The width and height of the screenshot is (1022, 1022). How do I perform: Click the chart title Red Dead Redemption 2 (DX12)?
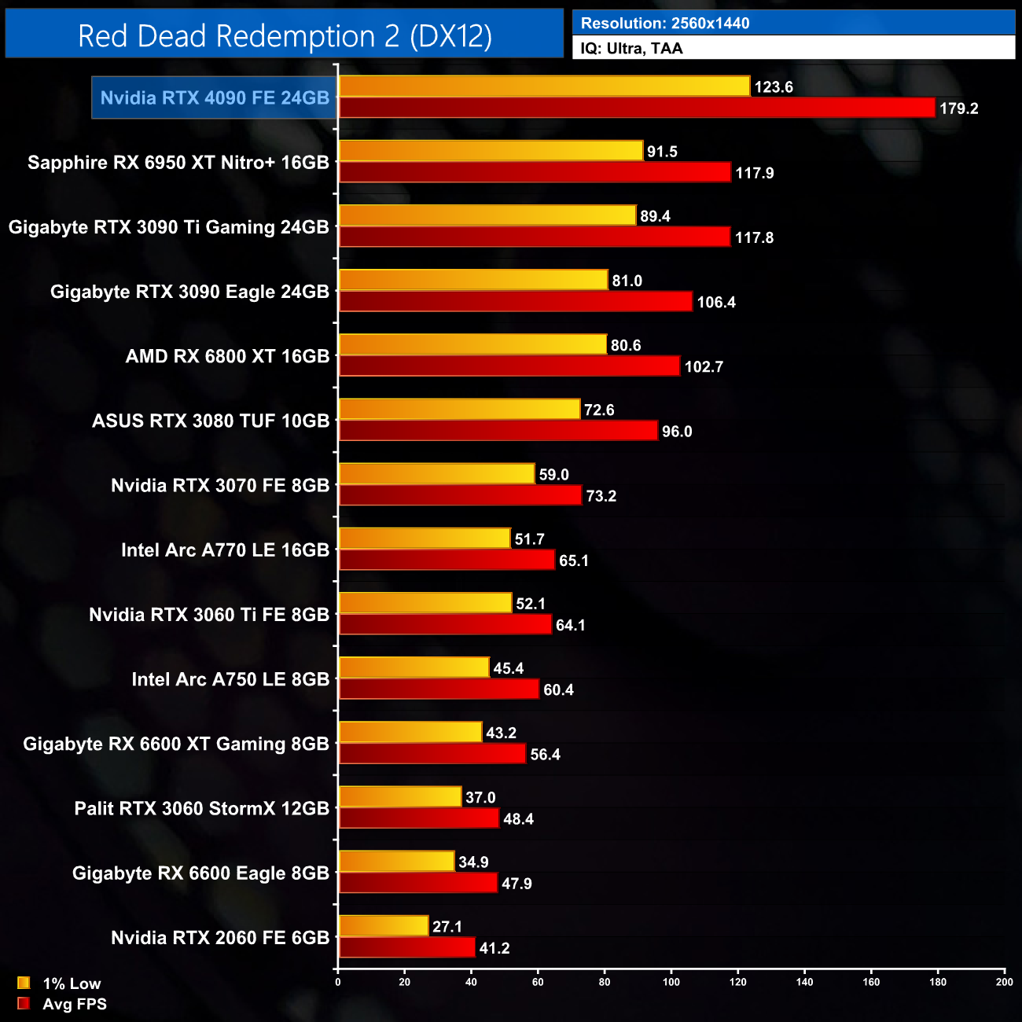pyautogui.click(x=285, y=36)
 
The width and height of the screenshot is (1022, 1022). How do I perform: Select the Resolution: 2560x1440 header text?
pyautogui.click(x=664, y=24)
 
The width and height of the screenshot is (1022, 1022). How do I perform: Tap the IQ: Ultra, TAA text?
pyautogui.click(x=631, y=49)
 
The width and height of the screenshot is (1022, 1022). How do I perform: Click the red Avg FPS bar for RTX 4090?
pyautogui.click(x=637, y=108)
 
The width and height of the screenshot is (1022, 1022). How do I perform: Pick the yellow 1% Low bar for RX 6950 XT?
pyautogui.click(x=491, y=151)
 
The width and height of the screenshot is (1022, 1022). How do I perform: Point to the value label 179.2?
pyautogui.click(x=958, y=108)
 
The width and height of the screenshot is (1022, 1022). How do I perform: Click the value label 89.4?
pyautogui.click(x=655, y=216)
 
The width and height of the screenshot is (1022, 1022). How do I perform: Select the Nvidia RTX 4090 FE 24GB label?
pyautogui.click(x=215, y=98)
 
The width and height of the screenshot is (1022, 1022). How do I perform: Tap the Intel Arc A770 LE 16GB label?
pyautogui.click(x=225, y=550)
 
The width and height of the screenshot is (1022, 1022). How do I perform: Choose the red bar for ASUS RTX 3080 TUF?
pyautogui.click(x=498, y=431)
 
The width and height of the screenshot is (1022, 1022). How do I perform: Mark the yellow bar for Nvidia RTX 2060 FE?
pyautogui.click(x=384, y=926)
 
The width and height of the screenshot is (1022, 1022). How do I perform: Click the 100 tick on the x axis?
pyautogui.click(x=671, y=981)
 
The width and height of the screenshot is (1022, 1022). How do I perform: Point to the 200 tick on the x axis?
pyautogui.click(x=1005, y=981)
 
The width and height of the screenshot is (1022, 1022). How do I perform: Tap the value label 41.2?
pyautogui.click(x=494, y=948)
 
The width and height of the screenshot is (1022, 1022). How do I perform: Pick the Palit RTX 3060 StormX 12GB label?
pyautogui.click(x=201, y=808)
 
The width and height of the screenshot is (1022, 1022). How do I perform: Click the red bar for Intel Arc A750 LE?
pyautogui.click(x=439, y=689)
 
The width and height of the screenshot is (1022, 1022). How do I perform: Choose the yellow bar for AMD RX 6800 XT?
pyautogui.click(x=472, y=344)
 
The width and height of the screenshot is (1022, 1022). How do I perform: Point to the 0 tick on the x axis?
pyautogui.click(x=338, y=981)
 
